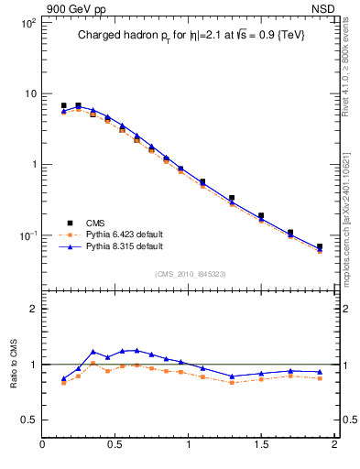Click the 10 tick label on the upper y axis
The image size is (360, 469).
click(x=29, y=93)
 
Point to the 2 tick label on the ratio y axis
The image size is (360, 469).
click(x=34, y=309)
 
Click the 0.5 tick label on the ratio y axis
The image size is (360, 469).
click(x=29, y=420)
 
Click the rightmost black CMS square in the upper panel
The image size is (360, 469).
click(x=320, y=246)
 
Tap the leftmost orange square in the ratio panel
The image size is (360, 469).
click(x=63, y=383)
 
